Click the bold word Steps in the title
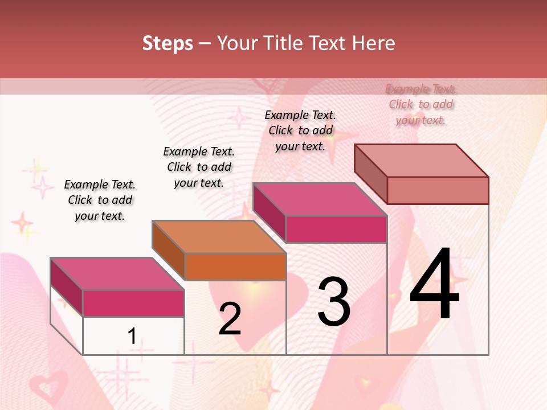168,43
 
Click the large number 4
434,284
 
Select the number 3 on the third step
334,302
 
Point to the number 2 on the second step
230,319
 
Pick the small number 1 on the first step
132,336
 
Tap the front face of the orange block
235,266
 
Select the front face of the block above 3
336,229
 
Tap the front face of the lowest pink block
133,303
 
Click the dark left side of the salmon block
370,173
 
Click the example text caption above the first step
100,200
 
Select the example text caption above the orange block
199,167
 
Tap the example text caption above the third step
300,130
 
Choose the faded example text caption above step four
421,104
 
